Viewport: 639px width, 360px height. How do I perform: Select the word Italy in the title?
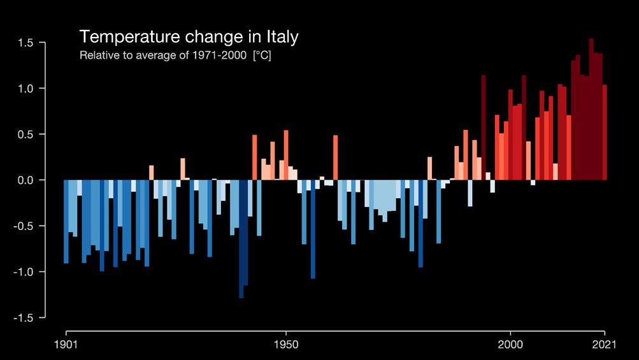(x=281, y=37)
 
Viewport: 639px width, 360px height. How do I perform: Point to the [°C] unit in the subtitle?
(x=262, y=55)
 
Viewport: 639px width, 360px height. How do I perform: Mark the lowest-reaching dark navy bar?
(x=241, y=239)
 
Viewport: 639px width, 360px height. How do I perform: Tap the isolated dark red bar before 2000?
(x=484, y=127)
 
